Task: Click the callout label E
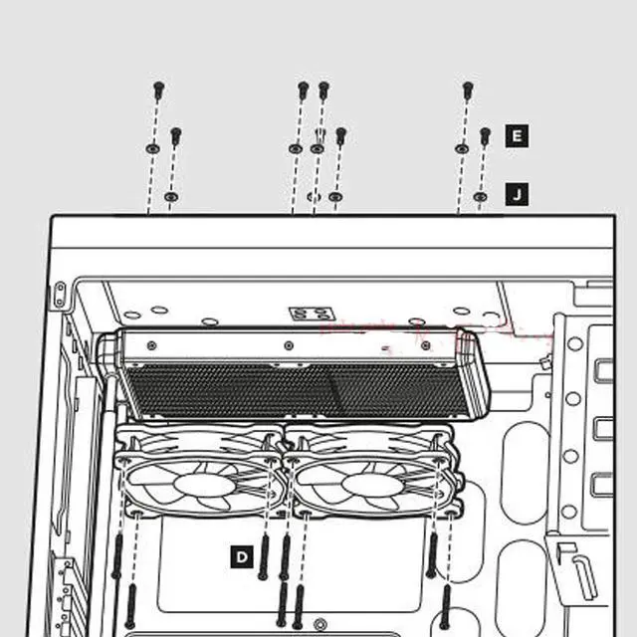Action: point(517,135)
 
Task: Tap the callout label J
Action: point(517,194)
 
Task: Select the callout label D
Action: point(242,556)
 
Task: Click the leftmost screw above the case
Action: point(158,91)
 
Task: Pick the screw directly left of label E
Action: point(486,135)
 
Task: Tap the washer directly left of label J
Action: point(481,197)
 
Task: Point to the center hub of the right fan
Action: point(370,484)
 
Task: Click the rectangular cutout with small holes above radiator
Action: point(305,314)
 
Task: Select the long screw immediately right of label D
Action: point(264,557)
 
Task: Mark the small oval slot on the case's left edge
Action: point(59,294)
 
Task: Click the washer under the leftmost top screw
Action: point(151,148)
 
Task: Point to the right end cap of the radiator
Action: point(471,373)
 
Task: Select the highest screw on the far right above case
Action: point(468,91)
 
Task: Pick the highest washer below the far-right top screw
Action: point(461,148)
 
